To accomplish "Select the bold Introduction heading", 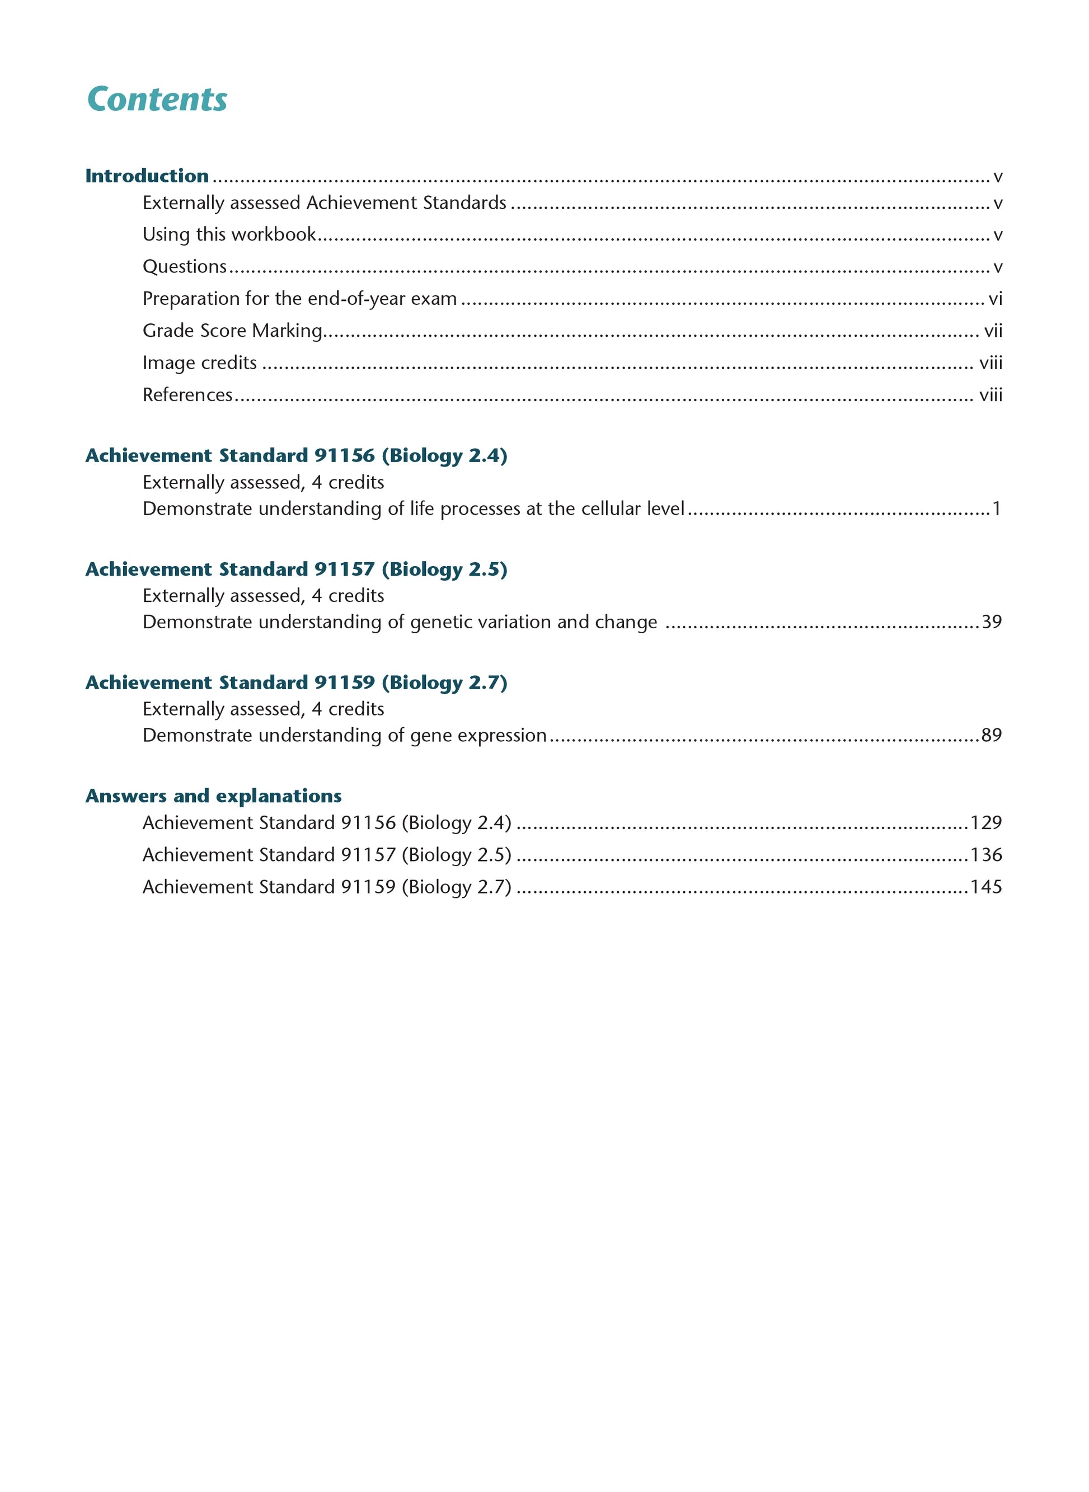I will tap(147, 176).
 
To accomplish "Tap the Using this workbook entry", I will tap(229, 234).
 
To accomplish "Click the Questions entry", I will tap(185, 266).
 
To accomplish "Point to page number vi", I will tap(995, 299).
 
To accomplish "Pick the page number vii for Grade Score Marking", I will tap(993, 331).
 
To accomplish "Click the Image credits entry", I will tap(200, 363).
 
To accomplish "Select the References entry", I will tap(187, 395).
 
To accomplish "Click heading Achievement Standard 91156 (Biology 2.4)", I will tap(296, 455).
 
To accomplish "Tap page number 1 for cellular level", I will tap(997, 509).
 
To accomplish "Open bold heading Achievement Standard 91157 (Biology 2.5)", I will tap(296, 569).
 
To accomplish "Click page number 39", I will tap(992, 622).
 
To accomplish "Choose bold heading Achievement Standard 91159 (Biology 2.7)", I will tap(296, 682).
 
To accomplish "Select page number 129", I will tap(985, 823).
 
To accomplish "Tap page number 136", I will tap(985, 855).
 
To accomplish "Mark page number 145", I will tap(985, 887).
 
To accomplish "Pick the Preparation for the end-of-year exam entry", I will tap(299, 299).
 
